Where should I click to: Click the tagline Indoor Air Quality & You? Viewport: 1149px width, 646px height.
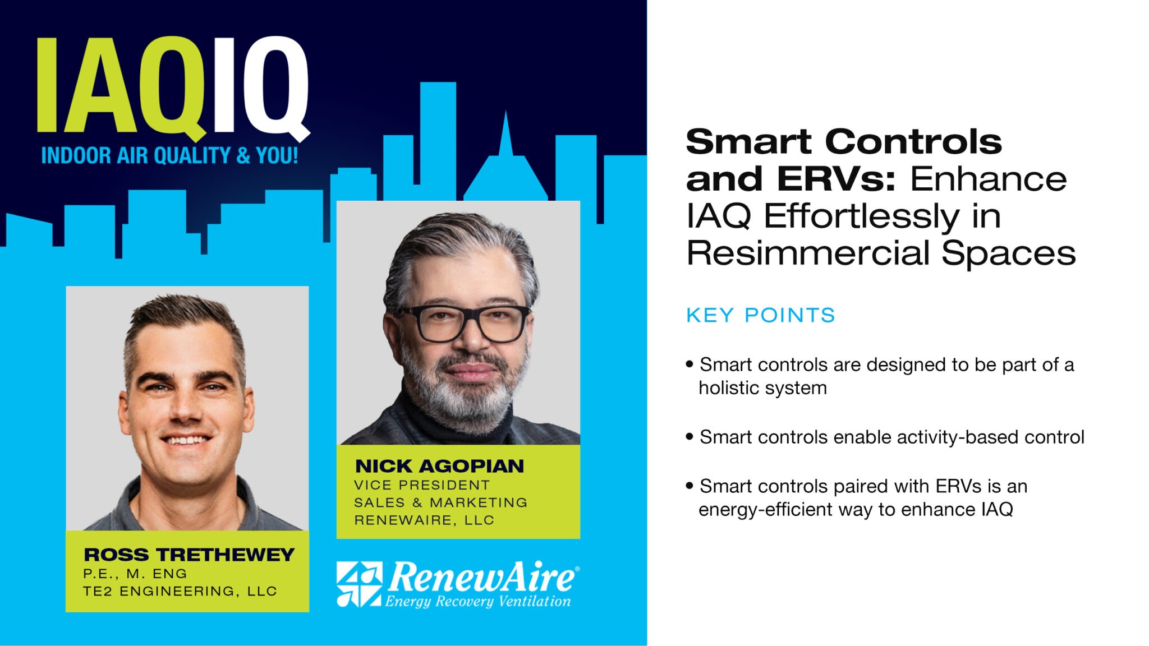[x=169, y=156]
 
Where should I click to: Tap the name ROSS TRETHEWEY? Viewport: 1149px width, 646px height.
[x=189, y=555]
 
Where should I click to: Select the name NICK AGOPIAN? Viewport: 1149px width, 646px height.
[x=439, y=466]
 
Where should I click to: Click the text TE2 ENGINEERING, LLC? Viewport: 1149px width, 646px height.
[x=180, y=591]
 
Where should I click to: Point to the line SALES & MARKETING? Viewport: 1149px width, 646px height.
[x=440, y=502]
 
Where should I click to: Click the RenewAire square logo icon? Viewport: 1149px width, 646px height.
[x=359, y=584]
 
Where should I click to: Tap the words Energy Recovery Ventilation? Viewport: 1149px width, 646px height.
[x=477, y=602]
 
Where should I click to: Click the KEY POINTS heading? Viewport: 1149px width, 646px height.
[x=760, y=315]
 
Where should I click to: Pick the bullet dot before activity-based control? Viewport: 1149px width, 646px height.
[x=690, y=436]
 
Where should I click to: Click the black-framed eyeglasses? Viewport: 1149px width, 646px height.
[x=465, y=324]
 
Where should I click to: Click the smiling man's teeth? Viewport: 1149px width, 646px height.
[x=186, y=440]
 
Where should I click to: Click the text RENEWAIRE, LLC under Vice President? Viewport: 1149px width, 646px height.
[x=424, y=520]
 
